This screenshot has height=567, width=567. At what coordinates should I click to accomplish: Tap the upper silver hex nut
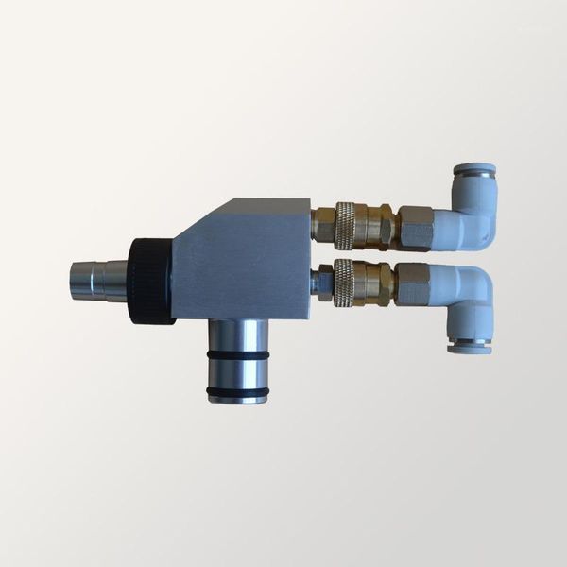[x=414, y=227]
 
